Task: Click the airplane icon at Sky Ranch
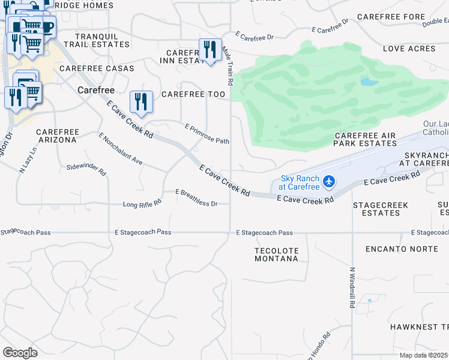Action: (328, 181)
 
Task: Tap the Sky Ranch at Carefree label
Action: (301, 182)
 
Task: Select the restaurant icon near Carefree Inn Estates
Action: (209, 50)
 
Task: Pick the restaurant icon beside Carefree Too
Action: (141, 101)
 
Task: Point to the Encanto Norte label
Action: (402, 248)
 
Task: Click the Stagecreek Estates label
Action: (381, 209)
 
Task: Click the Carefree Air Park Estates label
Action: (365, 139)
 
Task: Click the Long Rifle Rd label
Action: (142, 204)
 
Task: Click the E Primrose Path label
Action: (207, 134)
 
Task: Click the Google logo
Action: (20, 353)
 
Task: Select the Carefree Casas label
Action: (92, 68)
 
